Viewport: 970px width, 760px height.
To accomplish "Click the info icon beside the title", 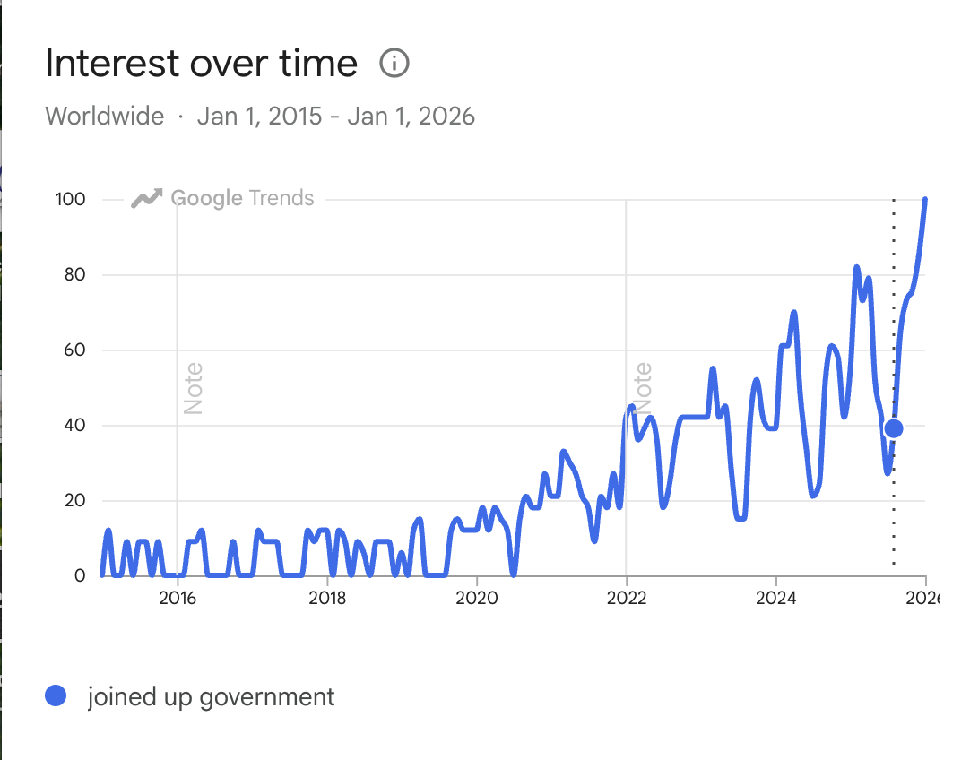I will (394, 64).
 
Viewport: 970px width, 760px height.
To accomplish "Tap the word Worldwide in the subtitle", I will (105, 117).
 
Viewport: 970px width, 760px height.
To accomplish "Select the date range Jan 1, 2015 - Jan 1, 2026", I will (336, 117).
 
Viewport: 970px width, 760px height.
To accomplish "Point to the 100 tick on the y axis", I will (70, 199).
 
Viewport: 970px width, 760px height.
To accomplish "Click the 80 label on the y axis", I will (74, 274).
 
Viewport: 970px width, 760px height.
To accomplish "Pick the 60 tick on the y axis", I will (74, 350).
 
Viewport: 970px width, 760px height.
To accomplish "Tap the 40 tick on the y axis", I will (74, 426).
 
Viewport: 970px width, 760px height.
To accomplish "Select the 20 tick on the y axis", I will (74, 501).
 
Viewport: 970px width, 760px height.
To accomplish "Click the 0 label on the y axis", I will (79, 576).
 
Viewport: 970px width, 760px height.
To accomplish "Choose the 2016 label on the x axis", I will (178, 599).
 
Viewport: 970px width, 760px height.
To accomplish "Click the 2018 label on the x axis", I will (327, 599).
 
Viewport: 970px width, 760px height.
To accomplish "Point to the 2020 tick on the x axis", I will (477, 599).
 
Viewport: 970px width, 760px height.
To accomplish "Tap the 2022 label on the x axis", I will (627, 599).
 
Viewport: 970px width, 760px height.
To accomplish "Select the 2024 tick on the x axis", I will (776, 599).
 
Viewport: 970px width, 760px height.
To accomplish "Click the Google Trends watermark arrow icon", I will (146, 198).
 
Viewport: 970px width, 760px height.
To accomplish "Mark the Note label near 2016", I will (193, 388).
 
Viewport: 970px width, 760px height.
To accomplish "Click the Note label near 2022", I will (643, 388).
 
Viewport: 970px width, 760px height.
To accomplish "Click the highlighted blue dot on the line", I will (893, 428).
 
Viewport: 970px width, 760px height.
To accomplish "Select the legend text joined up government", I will (211, 696).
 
